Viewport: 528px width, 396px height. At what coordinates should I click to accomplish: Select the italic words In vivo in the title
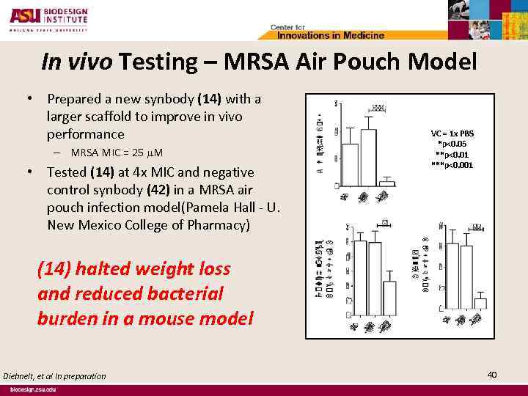click(78, 63)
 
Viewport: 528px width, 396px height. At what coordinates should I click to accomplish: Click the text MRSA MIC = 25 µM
click(117, 153)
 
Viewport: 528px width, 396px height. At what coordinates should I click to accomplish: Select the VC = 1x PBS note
click(452, 133)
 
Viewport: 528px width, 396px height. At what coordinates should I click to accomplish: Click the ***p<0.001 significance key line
click(452, 165)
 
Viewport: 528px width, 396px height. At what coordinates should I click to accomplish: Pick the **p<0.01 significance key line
click(452, 155)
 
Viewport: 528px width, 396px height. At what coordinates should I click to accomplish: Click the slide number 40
click(492, 375)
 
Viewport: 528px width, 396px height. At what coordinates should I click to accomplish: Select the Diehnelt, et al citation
click(54, 376)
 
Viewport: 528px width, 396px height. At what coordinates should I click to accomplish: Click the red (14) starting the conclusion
click(54, 269)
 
